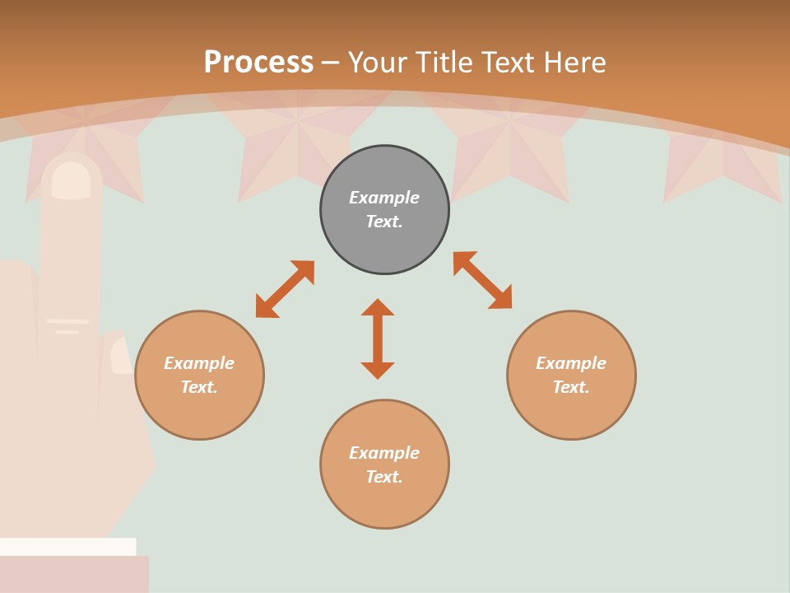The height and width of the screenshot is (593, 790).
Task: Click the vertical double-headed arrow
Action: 378,339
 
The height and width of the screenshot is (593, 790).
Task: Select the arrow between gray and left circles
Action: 285,289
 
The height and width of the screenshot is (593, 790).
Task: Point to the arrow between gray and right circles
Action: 482,280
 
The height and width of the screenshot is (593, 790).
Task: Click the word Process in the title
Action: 258,63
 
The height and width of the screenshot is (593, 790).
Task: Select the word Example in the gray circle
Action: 384,198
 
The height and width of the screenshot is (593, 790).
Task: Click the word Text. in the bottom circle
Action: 384,477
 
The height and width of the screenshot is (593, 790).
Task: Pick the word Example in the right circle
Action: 571,363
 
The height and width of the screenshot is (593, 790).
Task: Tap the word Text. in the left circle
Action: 199,387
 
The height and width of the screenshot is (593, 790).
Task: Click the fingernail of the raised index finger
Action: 72,180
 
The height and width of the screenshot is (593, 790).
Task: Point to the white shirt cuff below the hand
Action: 67,546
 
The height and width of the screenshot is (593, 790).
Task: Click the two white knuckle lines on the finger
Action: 67,325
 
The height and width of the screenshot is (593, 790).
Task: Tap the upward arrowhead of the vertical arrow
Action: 378,307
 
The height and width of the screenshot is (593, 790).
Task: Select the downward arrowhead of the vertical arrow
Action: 378,371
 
